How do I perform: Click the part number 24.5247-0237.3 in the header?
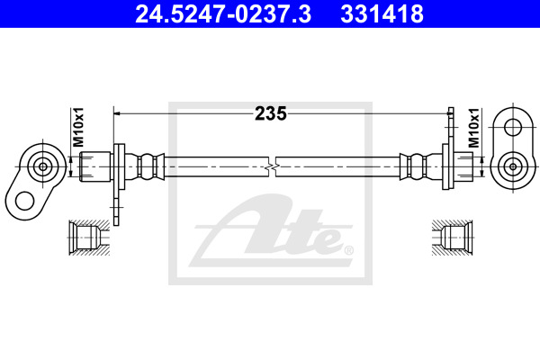pyautogui.click(x=223, y=13)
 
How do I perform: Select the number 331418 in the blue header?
pyautogui.click(x=382, y=13)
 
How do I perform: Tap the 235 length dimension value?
pyautogui.click(x=271, y=113)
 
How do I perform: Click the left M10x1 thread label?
pyautogui.click(x=77, y=127)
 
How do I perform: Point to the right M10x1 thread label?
pyautogui.click(x=474, y=128)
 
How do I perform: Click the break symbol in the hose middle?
pyautogui.click(x=272, y=167)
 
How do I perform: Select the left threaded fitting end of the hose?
pyautogui.click(x=95, y=166)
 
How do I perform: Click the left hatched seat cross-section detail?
pyautogui.click(x=89, y=238)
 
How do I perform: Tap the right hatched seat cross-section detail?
pyautogui.click(x=453, y=238)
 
